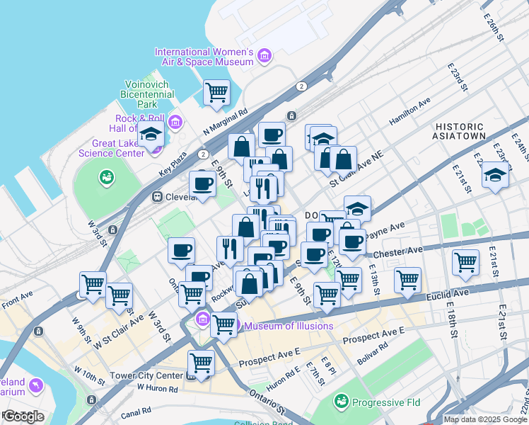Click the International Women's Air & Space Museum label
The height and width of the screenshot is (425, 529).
coord(204,57)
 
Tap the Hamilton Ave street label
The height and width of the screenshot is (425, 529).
coord(410,113)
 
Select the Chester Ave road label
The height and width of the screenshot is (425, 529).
coord(400,250)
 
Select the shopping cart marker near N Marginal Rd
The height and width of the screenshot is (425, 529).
coord(216,92)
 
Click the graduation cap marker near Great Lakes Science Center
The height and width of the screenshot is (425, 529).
coord(151,133)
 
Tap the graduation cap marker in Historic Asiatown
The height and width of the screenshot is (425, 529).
coord(495,174)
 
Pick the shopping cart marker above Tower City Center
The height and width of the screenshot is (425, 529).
coord(202,363)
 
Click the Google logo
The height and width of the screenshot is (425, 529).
coord(23,416)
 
